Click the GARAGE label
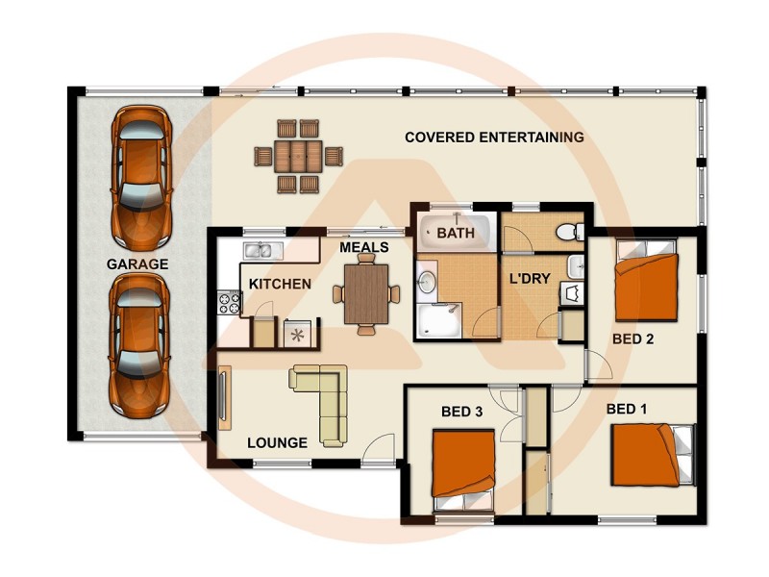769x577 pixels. pos(137,263)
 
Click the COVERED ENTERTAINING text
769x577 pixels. pos(494,138)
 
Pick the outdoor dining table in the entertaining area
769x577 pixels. pos(298,155)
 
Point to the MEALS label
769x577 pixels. pos(364,247)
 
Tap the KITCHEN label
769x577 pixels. pos(280,284)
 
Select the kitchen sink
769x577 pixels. pos(260,251)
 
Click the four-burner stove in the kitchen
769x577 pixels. pos(229,303)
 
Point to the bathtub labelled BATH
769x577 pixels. pos(456,233)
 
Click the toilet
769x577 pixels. pos(570,231)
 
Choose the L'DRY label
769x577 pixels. pos(529,279)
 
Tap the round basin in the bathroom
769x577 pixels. pos(427,282)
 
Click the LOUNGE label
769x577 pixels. pos(277,442)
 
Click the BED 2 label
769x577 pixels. pos(633,339)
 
